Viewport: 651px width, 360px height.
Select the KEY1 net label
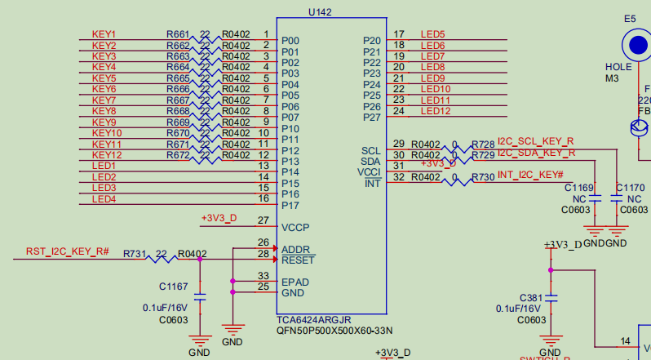click(x=104, y=34)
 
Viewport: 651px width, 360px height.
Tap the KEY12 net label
click(x=107, y=155)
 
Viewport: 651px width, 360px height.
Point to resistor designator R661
click(x=178, y=34)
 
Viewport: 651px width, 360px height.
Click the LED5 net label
click(x=432, y=34)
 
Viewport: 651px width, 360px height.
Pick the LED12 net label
click(x=436, y=111)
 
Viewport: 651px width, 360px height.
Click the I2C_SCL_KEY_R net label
click(x=535, y=141)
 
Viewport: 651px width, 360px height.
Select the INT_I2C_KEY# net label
click(x=530, y=176)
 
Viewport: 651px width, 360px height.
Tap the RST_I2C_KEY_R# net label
click(x=68, y=251)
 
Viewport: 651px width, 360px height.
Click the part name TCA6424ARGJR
click(x=314, y=319)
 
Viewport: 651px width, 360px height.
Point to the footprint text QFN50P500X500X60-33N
click(x=334, y=331)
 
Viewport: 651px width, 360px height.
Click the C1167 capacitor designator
click(x=173, y=287)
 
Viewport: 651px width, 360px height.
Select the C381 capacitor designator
click(x=530, y=297)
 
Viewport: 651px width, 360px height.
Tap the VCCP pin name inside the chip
click(x=295, y=227)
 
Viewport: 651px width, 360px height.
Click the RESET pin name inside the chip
click(x=298, y=260)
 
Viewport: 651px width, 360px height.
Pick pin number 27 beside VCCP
click(x=263, y=220)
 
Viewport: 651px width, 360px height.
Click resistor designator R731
click(x=135, y=254)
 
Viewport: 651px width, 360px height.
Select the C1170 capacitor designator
click(x=630, y=188)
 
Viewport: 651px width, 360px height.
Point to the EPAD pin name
click(x=295, y=282)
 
